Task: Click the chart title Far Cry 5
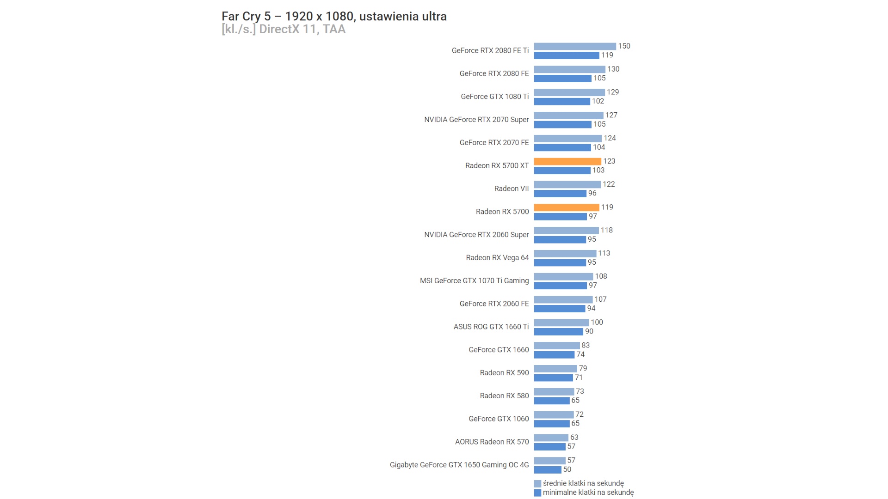pos(334,17)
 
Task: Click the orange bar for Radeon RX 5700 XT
pos(567,161)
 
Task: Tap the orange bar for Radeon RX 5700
pos(567,207)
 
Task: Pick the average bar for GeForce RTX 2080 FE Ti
pos(575,46)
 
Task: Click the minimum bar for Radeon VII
pos(560,194)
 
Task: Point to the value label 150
pos(624,46)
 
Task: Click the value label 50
pos(567,469)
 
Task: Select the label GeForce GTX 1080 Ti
pos(494,97)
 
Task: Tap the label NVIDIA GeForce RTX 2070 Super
pos(476,120)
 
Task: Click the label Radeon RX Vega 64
pos(497,258)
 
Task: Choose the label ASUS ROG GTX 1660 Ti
pos(491,327)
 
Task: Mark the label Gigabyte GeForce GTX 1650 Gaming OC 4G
pos(459,465)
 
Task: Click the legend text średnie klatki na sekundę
pos(583,483)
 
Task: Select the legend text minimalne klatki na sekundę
pos(588,493)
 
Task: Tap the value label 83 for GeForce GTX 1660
pos(586,345)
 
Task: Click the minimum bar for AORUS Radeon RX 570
pos(549,447)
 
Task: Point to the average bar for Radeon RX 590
pos(555,369)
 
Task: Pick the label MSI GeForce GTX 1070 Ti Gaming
pos(474,281)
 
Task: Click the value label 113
pos(604,253)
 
